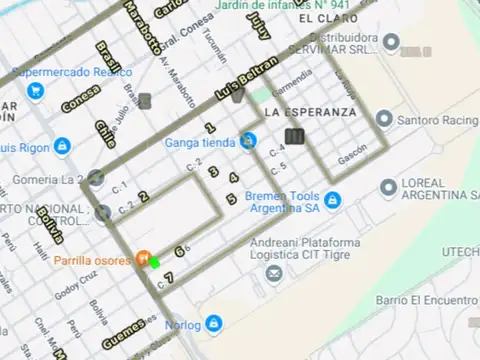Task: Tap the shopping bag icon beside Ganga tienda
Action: pos(248,142)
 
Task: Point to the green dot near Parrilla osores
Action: pos(155,262)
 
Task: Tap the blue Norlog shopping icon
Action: pos(213,324)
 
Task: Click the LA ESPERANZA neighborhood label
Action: pos(310,112)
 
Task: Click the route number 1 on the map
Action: pos(210,128)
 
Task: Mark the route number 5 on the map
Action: pos(231,199)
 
